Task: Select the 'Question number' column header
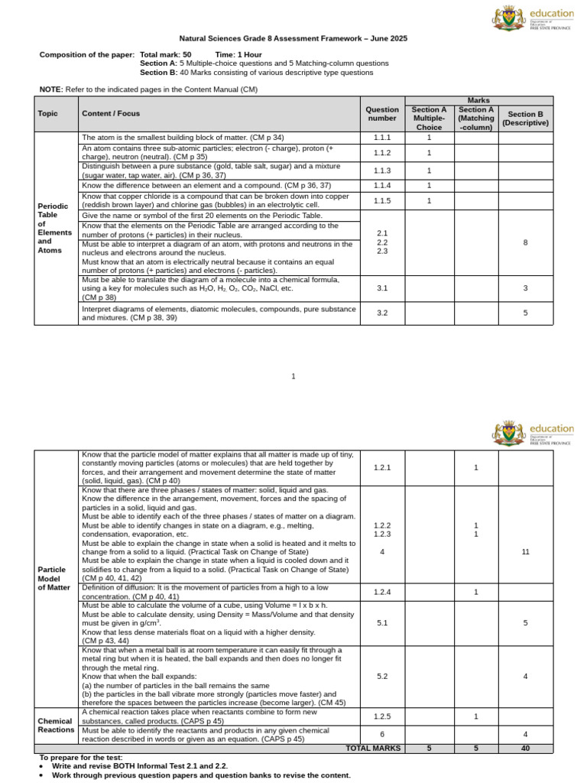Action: (382, 114)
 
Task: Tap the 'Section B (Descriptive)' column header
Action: (525, 118)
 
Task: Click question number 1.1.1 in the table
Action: (382, 138)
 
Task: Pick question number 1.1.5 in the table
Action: (382, 201)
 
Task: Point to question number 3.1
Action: (382, 288)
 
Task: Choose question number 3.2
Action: (382, 313)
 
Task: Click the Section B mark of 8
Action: (525, 242)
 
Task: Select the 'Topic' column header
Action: (47, 114)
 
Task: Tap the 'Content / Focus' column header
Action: (112, 114)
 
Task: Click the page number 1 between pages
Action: (293, 376)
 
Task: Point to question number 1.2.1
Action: (382, 467)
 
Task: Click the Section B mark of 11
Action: (525, 551)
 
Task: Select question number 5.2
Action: (382, 676)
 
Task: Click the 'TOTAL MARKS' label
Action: (373, 749)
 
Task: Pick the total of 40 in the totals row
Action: (525, 749)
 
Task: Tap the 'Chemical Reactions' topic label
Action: (56, 725)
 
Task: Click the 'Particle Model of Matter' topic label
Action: (53, 578)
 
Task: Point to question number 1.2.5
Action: (382, 716)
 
